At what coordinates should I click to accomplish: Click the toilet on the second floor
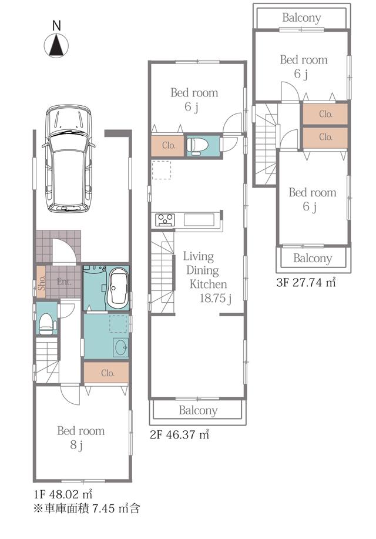pyautogui.click(x=196, y=146)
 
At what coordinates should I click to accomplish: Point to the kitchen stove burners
pyautogui.click(x=164, y=220)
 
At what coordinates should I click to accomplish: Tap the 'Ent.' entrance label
pyautogui.click(x=64, y=282)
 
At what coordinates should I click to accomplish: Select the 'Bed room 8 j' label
pyautogui.click(x=80, y=438)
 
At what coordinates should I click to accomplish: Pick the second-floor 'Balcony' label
pyautogui.click(x=198, y=410)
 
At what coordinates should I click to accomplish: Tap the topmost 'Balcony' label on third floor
pyautogui.click(x=301, y=18)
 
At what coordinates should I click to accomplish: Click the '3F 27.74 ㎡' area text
pyautogui.click(x=305, y=283)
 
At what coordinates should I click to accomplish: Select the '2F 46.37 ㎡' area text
pyautogui.click(x=179, y=435)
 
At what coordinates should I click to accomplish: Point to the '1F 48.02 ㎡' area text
pyautogui.click(x=61, y=493)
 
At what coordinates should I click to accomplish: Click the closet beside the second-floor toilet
pyautogui.click(x=168, y=146)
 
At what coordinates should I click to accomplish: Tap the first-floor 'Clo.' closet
pyautogui.click(x=106, y=373)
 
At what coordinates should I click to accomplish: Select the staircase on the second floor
pyautogui.click(x=163, y=270)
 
